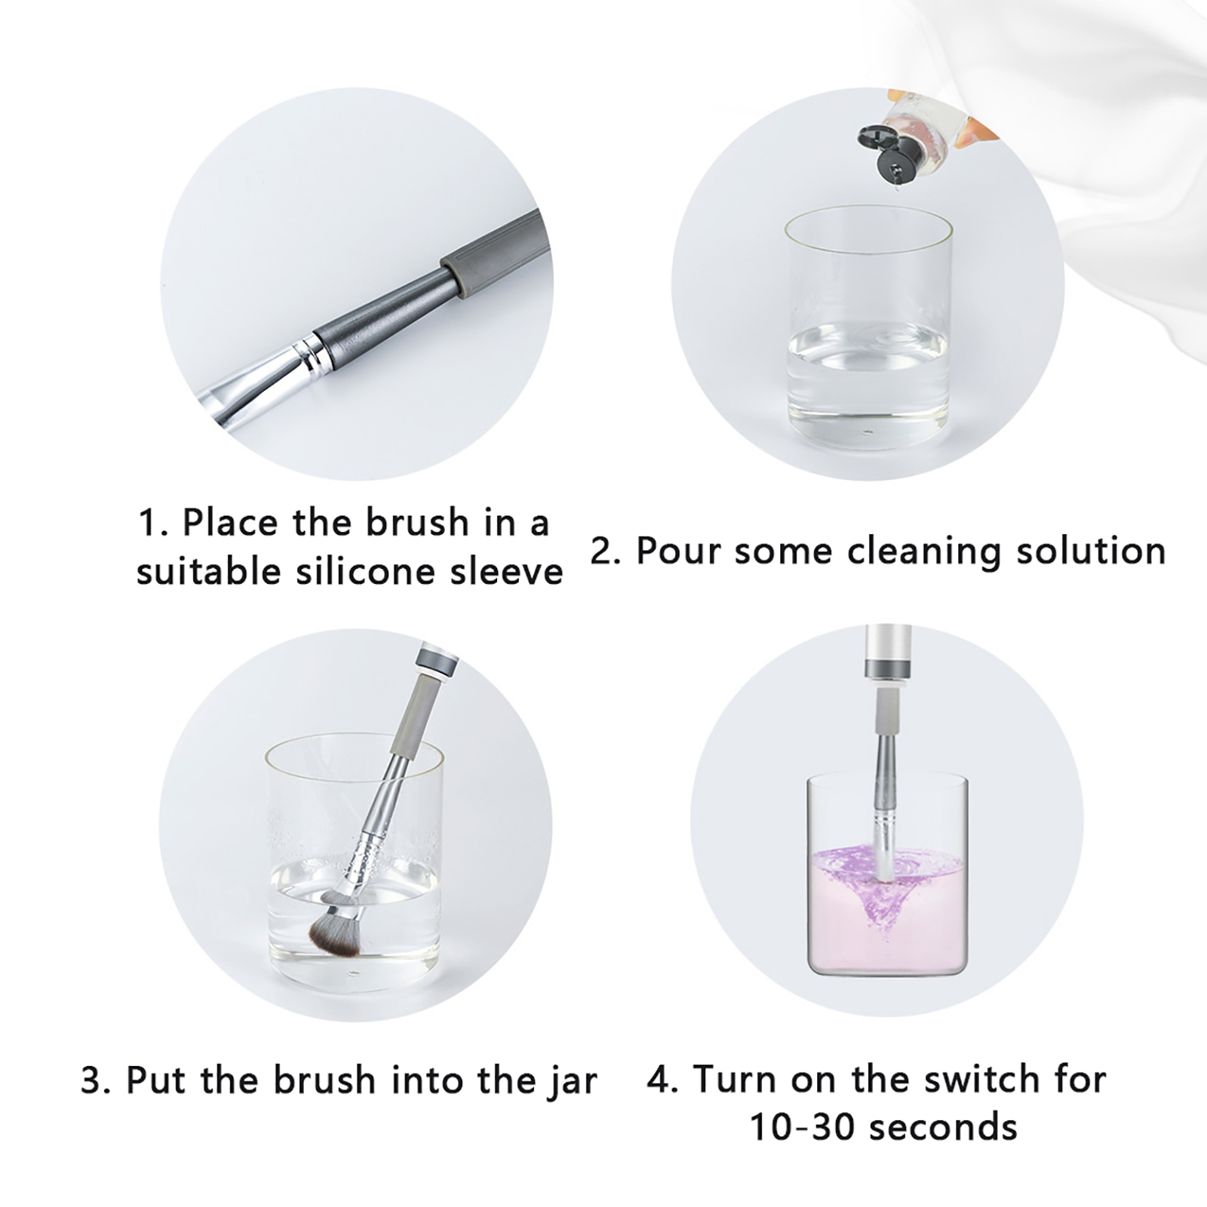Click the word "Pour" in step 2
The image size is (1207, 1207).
[677, 551]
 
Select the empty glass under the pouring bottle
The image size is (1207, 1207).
[868, 325]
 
